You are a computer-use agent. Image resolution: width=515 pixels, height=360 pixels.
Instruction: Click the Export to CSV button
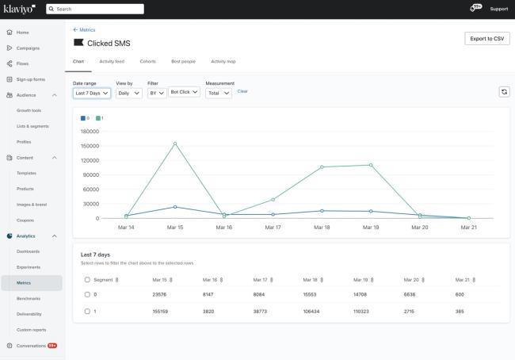(x=486, y=39)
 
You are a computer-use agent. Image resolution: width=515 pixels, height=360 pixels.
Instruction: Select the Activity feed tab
(x=111, y=61)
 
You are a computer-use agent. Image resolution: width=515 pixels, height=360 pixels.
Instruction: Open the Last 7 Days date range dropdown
(x=92, y=93)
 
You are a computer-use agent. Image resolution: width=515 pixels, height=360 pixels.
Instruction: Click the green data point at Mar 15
(x=175, y=144)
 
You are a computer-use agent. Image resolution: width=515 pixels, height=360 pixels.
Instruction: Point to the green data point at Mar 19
(x=371, y=165)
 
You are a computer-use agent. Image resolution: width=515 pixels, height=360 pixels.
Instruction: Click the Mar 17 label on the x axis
(x=273, y=227)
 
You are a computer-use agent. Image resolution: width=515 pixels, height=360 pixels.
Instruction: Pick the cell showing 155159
(x=161, y=311)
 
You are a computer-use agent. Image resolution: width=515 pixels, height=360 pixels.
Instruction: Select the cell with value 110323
(x=361, y=311)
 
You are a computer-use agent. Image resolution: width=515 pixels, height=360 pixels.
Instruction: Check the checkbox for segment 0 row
(x=87, y=294)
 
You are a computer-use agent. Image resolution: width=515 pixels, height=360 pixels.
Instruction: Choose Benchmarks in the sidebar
(x=29, y=298)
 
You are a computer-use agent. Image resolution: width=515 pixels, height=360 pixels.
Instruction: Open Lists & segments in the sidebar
(x=33, y=126)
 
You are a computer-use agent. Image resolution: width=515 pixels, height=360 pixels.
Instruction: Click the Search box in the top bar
(x=95, y=9)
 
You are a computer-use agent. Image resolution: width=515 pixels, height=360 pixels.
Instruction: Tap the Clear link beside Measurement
(x=242, y=91)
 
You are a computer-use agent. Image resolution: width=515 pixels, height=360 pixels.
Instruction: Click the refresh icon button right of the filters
(x=503, y=92)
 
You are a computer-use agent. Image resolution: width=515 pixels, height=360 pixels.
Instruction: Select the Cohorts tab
(x=147, y=61)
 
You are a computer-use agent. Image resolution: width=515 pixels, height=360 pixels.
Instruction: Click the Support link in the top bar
(x=499, y=9)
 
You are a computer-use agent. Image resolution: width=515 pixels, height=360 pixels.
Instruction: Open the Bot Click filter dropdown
(x=185, y=93)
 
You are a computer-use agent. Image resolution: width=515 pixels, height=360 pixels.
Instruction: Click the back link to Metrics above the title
(x=84, y=30)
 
